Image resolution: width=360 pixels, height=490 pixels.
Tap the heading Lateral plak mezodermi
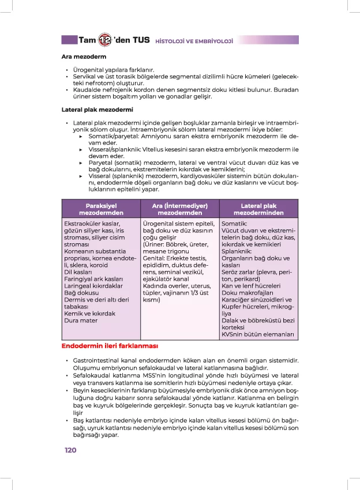tap(97, 109)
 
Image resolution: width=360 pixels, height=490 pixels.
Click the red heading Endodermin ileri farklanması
tap(110, 346)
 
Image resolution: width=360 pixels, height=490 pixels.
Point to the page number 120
tap(70, 450)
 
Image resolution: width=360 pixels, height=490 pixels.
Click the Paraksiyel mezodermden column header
tap(101, 209)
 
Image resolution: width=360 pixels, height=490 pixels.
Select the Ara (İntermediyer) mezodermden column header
tap(179, 209)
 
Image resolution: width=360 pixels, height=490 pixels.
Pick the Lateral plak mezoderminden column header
tap(258, 209)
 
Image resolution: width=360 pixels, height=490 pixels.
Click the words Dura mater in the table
tap(81, 321)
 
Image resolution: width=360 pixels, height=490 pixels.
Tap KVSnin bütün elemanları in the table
tap(258, 334)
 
